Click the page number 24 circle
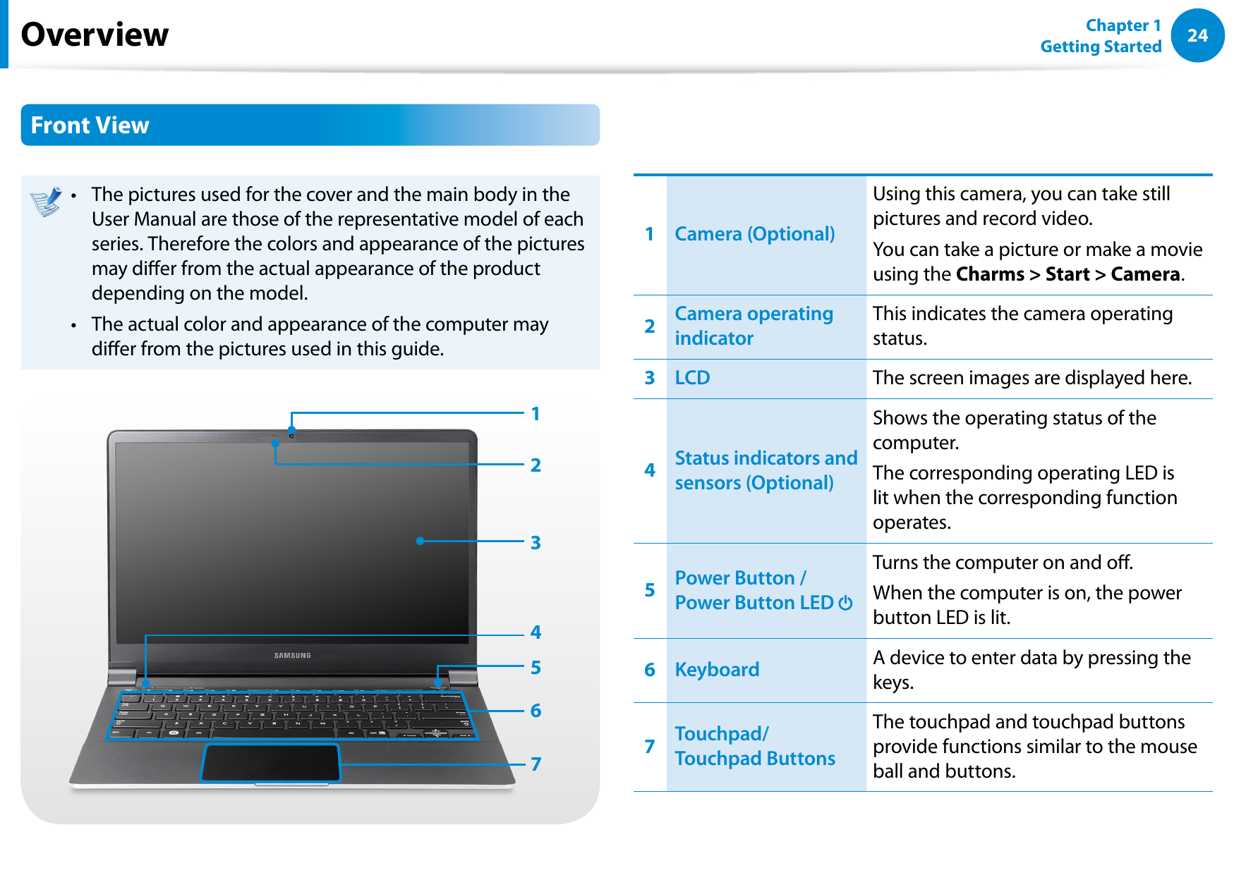tap(1197, 35)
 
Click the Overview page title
tap(95, 35)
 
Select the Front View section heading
tap(90, 126)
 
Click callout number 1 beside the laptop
tap(536, 414)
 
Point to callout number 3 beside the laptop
tap(536, 542)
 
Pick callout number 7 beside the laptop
tap(536, 764)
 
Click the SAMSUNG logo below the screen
tap(292, 656)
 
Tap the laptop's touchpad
tap(271, 763)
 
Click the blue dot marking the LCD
tap(420, 541)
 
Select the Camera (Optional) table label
tap(754, 234)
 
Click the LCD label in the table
tap(692, 378)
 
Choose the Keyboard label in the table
tap(717, 670)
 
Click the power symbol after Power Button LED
tap(845, 603)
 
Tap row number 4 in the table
tap(650, 470)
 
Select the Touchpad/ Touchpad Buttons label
tap(754, 746)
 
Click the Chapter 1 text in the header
tap(1123, 25)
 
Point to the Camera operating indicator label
tap(753, 326)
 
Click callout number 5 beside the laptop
tap(536, 668)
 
